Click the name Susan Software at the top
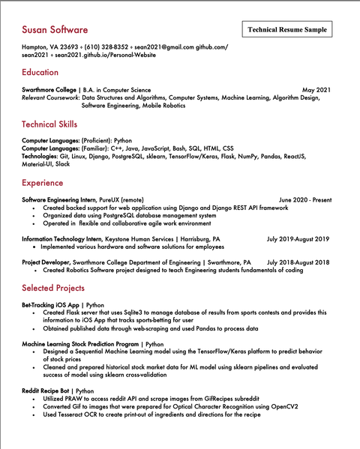pos(55,30)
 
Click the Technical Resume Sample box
pos(287,29)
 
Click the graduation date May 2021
pos(316,90)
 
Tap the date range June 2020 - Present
pos(304,200)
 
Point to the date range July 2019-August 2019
pos(298,239)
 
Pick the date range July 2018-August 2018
pos(298,262)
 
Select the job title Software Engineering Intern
pos(59,200)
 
